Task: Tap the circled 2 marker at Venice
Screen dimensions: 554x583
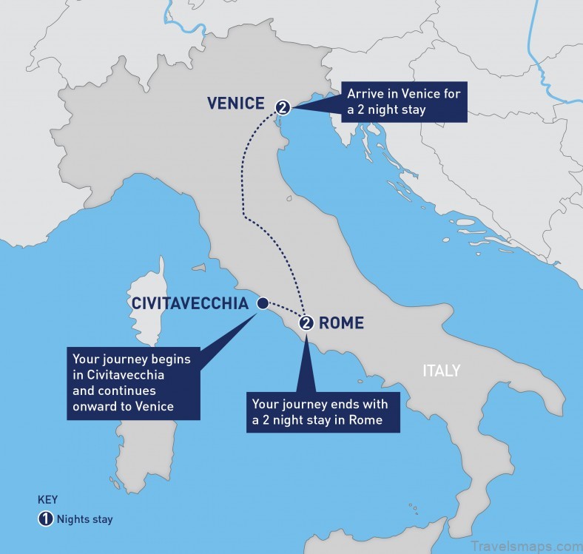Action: (282, 108)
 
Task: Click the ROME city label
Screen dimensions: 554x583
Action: (341, 322)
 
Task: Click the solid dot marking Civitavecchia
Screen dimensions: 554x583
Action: (261, 303)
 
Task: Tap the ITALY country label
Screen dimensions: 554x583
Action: (441, 371)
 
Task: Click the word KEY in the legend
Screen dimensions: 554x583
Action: (47, 499)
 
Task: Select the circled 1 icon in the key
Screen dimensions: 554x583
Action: (46, 518)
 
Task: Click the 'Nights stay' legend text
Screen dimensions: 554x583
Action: (86, 519)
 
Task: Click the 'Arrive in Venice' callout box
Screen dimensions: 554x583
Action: (405, 101)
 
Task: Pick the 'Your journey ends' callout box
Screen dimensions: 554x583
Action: (323, 412)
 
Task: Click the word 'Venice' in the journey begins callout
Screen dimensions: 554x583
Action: (156, 406)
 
